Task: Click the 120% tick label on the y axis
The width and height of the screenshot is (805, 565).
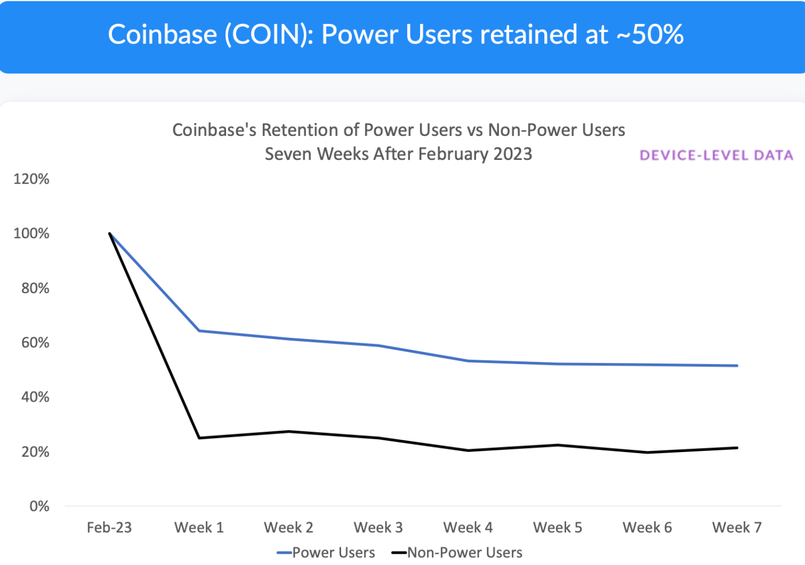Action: click(31, 179)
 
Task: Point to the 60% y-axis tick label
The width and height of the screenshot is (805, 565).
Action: click(35, 342)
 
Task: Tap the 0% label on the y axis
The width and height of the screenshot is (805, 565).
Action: click(39, 506)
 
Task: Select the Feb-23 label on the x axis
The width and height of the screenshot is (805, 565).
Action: click(109, 528)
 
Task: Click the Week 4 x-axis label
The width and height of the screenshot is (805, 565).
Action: click(468, 528)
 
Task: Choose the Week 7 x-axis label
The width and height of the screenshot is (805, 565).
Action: click(737, 528)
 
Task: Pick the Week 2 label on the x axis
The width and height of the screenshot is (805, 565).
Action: click(289, 528)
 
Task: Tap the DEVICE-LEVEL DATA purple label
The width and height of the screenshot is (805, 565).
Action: click(717, 156)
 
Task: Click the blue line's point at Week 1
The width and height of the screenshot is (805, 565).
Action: click(199, 331)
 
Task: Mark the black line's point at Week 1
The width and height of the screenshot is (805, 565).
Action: click(199, 437)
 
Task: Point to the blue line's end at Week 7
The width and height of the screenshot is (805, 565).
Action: click(737, 366)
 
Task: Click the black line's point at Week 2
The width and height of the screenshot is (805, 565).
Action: click(289, 431)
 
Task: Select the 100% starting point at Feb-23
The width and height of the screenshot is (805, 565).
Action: click(110, 233)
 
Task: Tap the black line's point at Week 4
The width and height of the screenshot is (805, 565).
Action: click(468, 450)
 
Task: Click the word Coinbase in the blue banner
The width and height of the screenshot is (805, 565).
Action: click(162, 35)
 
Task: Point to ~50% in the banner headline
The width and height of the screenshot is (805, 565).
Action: click(650, 35)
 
